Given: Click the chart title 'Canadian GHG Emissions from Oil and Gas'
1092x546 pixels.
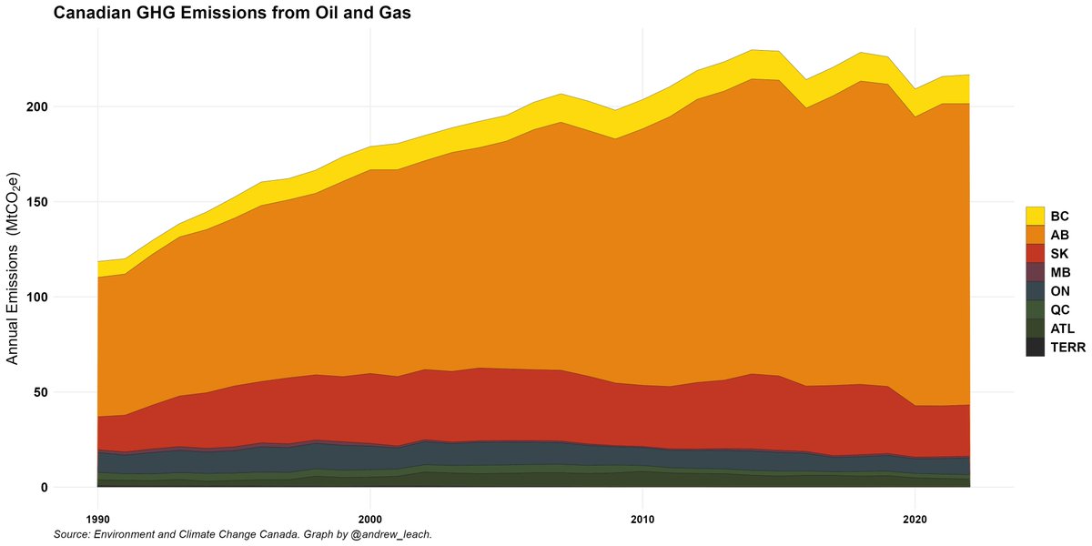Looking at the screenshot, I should coord(233,13).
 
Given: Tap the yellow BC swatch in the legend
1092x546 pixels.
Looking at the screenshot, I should coord(1035,216).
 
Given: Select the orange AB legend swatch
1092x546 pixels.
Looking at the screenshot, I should coord(1035,234).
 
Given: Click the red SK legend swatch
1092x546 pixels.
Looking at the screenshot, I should coord(1035,253).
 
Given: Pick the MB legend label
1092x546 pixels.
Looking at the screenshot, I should coord(1060,272).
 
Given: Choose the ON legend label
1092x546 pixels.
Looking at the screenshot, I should coord(1060,291).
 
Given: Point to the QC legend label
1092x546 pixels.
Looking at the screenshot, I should coord(1060,309).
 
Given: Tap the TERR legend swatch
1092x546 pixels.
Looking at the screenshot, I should coord(1035,347).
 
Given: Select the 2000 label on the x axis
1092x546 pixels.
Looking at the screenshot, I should coord(369,517).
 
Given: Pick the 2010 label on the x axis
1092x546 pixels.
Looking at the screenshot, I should coord(642,517).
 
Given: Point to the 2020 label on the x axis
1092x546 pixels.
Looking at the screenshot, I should coord(915,517).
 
